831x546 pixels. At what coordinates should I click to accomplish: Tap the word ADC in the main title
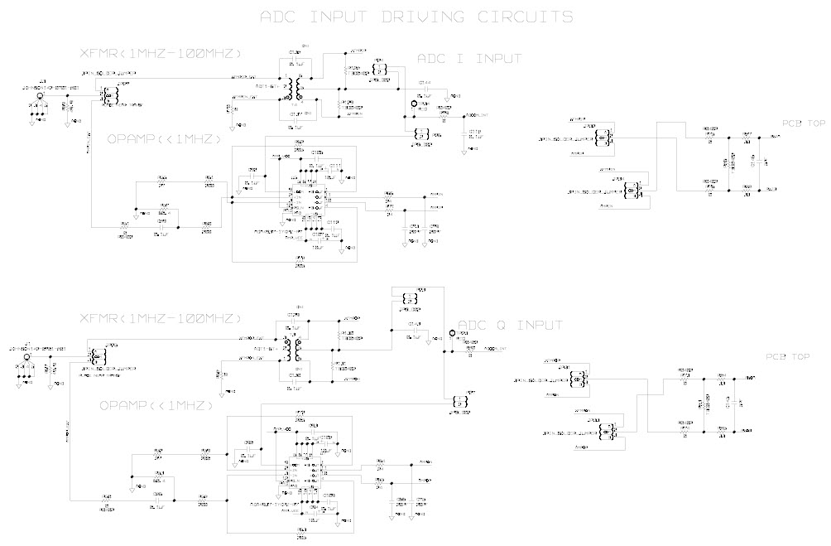click(282, 17)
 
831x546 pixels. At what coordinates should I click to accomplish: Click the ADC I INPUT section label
click(468, 59)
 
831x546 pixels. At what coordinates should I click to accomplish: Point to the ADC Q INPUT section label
click(510, 324)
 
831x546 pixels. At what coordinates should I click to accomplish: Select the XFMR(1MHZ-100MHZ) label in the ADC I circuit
click(159, 53)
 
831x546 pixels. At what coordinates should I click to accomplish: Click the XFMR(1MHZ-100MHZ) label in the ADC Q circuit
click(159, 319)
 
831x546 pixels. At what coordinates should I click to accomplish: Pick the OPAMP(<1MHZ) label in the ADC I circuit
click(164, 140)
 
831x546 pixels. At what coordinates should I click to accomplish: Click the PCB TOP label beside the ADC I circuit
click(803, 123)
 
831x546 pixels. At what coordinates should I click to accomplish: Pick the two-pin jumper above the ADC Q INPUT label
click(406, 299)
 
